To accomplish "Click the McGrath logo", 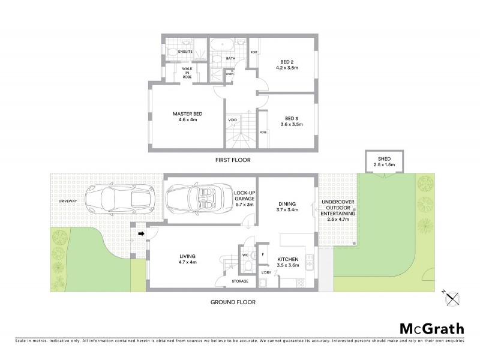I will click(x=431, y=328).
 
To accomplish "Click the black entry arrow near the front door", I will click(x=142, y=234).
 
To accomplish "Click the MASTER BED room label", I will click(x=187, y=116).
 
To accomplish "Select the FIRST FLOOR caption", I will click(x=233, y=160).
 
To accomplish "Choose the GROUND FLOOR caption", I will click(x=233, y=302).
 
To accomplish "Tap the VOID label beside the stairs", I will click(x=233, y=120).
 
